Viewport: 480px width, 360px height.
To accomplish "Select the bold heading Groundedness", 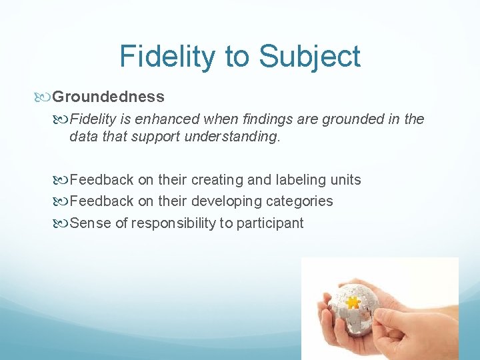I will (x=108, y=97).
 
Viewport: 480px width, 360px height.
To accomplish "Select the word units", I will (x=344, y=180).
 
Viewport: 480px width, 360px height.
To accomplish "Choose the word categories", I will (x=299, y=201).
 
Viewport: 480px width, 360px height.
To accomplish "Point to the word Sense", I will (x=90, y=223).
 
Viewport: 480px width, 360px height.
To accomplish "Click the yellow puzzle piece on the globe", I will (x=353, y=302).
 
